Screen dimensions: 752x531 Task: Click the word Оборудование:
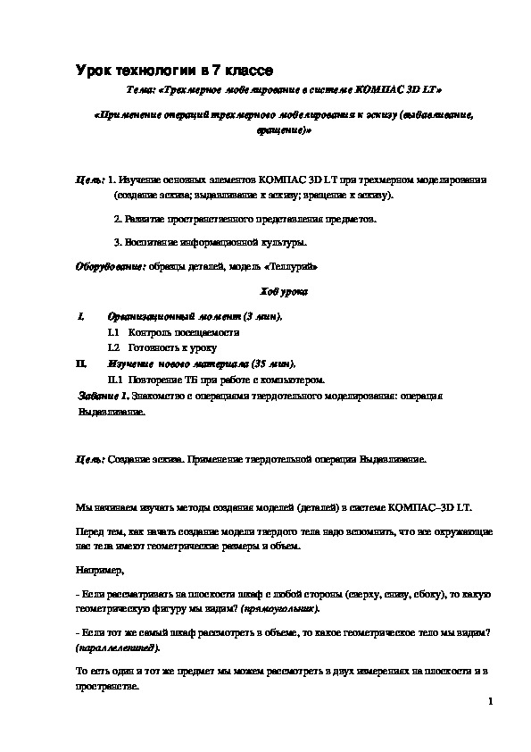pos(103,266)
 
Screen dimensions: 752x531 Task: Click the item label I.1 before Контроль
pos(113,332)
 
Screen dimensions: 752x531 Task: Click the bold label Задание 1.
pos(104,394)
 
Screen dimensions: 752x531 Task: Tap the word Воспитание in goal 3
pos(149,242)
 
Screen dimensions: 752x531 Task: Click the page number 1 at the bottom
pos(491,702)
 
